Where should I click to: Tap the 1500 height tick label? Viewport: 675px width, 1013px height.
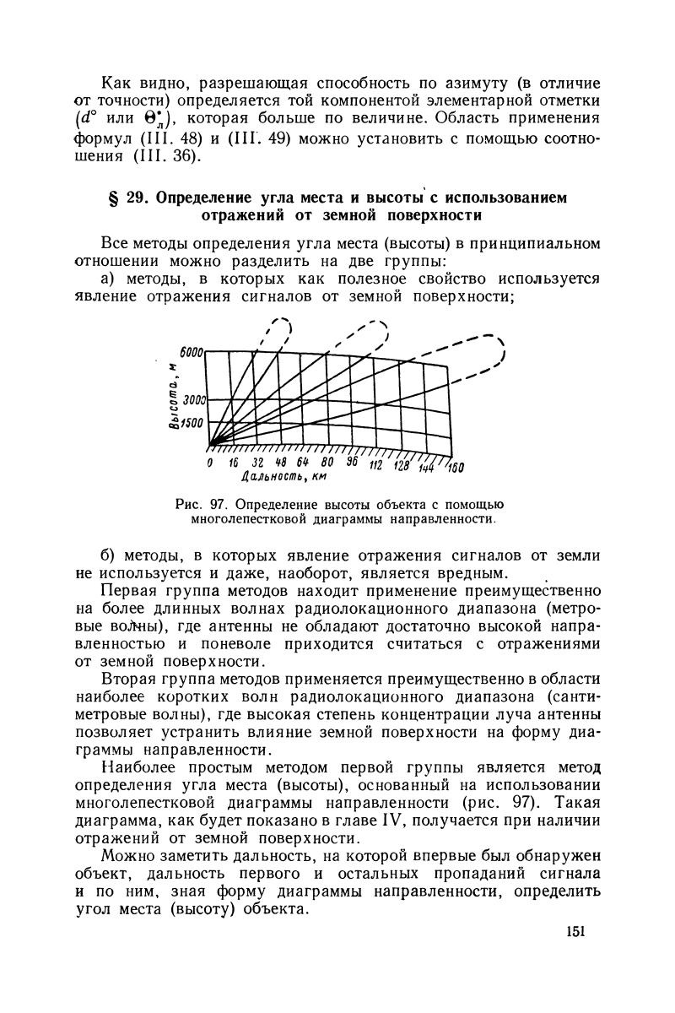tap(193, 424)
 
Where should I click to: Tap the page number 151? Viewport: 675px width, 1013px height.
tap(576, 932)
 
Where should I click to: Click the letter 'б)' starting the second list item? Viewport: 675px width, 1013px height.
tap(110, 555)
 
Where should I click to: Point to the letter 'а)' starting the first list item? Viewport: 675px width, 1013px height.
tap(110, 279)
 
